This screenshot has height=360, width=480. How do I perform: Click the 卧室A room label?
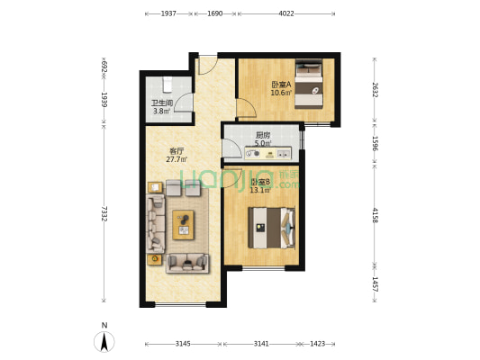tap(280, 85)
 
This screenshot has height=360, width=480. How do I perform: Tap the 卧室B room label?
tap(259, 182)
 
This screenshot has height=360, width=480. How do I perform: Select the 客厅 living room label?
tap(177, 151)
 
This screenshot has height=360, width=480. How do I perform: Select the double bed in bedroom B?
tap(272, 227)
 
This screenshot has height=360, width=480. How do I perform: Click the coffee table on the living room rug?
tap(185, 223)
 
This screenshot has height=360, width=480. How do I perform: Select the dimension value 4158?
tap(376, 214)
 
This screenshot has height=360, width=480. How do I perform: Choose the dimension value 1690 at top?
tap(215, 14)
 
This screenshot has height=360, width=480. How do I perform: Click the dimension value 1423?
tap(318, 344)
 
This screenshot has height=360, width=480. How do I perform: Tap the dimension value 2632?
tap(376, 90)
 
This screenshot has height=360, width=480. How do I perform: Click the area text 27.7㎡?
tap(177, 159)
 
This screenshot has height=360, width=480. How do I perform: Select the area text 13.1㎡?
tap(260, 190)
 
